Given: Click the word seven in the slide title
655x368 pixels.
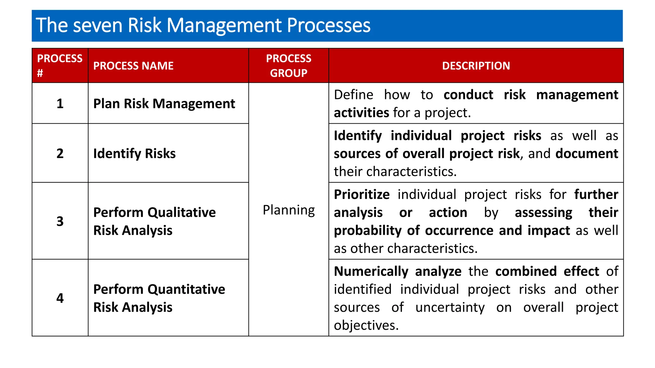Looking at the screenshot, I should coord(98,26).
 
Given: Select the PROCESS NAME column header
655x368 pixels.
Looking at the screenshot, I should coord(133,66).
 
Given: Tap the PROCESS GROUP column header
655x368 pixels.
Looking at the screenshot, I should coord(288,66).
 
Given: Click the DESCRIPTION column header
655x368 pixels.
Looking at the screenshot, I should coord(476,66).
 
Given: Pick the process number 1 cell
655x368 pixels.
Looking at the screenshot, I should coord(60,103).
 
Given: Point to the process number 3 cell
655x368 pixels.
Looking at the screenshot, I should coord(60,221).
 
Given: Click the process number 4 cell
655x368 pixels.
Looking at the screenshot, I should coord(60,298).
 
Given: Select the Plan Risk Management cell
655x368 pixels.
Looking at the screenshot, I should coord(164,103).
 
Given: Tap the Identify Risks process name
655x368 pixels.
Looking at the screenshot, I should coord(134,153).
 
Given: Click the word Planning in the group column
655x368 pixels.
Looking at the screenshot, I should coord(288,210).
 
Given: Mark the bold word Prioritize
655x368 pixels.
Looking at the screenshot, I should coord(362,195).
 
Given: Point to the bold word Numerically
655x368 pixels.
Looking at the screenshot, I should coord(371,272).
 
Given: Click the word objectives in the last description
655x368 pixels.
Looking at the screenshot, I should coord(366,326).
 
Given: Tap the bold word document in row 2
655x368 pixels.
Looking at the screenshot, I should coord(587,154).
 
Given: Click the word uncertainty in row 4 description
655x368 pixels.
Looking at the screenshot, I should coord(450,307).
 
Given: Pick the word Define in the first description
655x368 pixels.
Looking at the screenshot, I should coord(353,95).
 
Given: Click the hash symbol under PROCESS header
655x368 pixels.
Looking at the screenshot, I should coord(40,73).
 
